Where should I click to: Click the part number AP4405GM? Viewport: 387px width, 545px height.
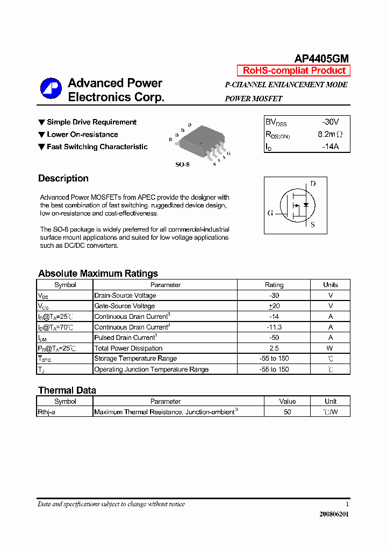point(321,59)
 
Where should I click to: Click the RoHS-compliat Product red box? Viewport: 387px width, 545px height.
point(294,71)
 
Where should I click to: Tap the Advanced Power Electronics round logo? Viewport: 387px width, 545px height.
point(51,89)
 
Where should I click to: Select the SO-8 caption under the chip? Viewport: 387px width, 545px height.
point(182,165)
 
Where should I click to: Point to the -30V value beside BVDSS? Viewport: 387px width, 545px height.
point(330,122)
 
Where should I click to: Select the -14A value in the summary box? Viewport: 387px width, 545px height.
point(330,146)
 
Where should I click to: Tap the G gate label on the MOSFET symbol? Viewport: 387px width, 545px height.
point(270,213)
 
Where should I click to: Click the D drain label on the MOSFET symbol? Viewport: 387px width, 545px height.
point(313,184)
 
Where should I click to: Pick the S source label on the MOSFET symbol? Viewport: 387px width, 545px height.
point(313,225)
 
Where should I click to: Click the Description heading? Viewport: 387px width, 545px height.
point(63,179)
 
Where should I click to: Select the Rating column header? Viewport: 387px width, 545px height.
point(274,285)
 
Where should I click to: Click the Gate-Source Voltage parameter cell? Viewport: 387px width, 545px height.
point(125,306)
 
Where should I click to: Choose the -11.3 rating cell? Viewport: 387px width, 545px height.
point(274,327)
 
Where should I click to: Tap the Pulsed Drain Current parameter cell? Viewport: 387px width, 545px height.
point(125,338)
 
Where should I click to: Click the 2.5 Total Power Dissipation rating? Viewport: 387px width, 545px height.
point(274,348)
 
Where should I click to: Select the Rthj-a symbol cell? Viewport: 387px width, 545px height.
point(47,412)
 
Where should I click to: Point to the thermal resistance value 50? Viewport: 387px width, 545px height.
point(288,412)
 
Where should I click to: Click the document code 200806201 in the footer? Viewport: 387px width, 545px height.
point(334,514)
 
